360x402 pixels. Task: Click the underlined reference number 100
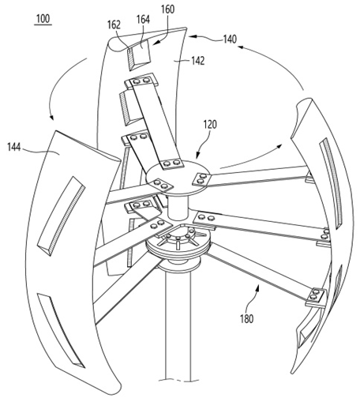pyautogui.click(x=43, y=19)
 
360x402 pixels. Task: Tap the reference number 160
pyautogui.click(x=167, y=9)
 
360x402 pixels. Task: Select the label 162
pyautogui.click(x=114, y=24)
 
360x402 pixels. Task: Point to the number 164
pyautogui.click(x=143, y=20)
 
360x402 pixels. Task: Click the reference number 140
pyautogui.click(x=230, y=39)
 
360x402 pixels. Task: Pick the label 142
pyautogui.click(x=198, y=61)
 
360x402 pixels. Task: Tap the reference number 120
pyautogui.click(x=210, y=125)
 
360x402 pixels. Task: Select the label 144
pyautogui.click(x=14, y=148)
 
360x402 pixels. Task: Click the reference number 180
pyautogui.click(x=246, y=319)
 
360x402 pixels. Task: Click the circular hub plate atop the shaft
pyautogui.click(x=178, y=177)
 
